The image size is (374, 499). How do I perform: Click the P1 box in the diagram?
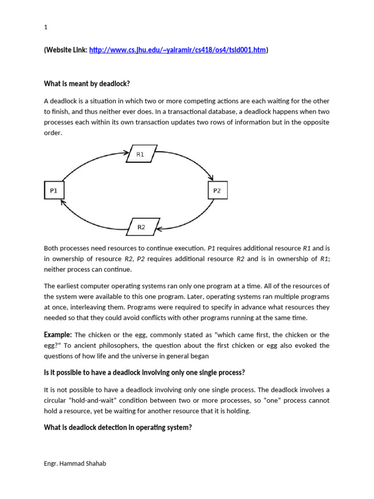pyautogui.click(x=54, y=191)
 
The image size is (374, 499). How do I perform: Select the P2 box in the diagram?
pyautogui.click(x=217, y=191)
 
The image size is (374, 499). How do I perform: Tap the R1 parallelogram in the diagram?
pyautogui.click(x=141, y=154)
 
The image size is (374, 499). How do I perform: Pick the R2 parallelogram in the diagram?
pyautogui.click(x=141, y=227)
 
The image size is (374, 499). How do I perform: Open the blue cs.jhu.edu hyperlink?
pyautogui.click(x=178, y=50)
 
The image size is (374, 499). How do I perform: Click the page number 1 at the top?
pyautogui.click(x=46, y=28)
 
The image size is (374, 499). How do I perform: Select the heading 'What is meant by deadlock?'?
pyautogui.click(x=87, y=84)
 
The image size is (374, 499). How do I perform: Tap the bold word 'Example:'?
pyautogui.click(x=58, y=335)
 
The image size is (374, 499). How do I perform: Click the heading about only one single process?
pyautogui.click(x=144, y=373)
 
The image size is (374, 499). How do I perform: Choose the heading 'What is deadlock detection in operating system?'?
pyautogui.click(x=118, y=428)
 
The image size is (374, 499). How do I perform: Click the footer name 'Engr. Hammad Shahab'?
pyautogui.click(x=75, y=463)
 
